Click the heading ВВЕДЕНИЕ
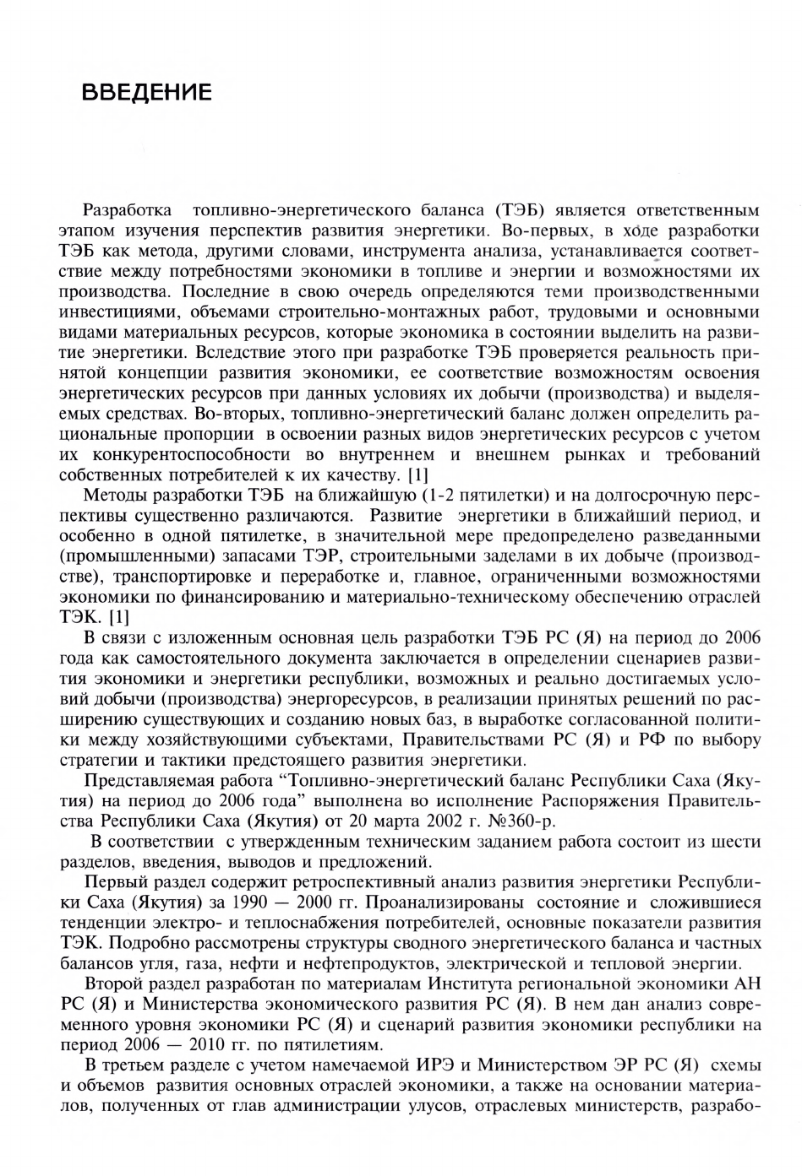click(x=146, y=92)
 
